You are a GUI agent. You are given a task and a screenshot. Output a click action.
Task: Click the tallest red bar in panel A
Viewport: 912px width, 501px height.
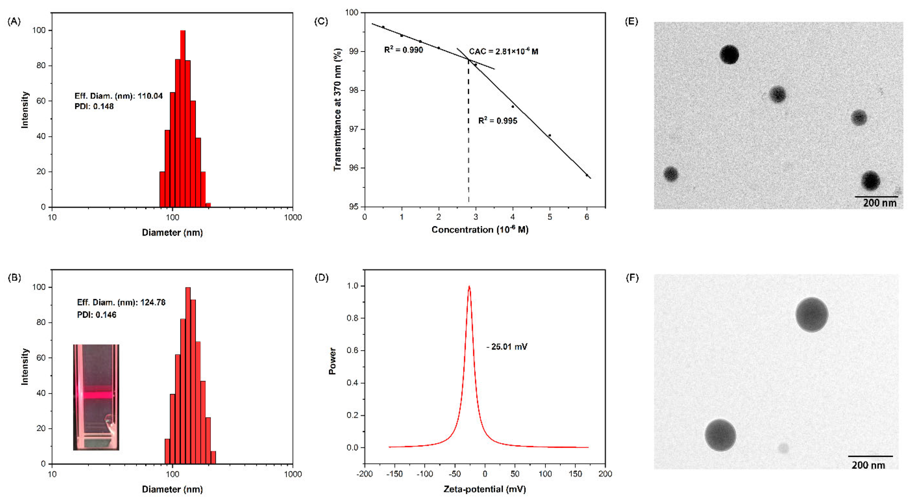183,119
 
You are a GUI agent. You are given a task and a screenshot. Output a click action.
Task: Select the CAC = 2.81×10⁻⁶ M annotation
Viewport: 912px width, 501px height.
503,51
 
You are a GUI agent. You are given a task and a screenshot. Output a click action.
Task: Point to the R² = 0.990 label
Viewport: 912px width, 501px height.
403,50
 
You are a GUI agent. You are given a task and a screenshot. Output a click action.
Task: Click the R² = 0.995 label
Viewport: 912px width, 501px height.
497,121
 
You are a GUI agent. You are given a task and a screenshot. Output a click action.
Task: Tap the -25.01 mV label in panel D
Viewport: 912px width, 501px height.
507,347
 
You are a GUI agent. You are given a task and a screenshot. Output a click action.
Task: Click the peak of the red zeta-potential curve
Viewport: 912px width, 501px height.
469,287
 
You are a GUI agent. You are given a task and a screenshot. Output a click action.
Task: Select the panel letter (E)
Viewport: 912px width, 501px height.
631,22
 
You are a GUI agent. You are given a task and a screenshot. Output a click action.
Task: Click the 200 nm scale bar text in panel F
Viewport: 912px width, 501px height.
868,465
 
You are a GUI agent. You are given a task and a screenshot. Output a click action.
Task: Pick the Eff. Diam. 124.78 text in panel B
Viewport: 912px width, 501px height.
121,302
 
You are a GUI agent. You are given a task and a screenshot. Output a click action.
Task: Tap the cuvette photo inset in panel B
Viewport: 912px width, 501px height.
96,397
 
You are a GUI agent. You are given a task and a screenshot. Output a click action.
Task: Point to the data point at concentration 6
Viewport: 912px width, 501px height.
587,175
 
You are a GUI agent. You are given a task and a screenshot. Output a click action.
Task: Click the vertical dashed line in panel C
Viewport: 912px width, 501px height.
468,142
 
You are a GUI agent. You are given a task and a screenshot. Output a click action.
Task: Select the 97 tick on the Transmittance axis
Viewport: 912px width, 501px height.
353,129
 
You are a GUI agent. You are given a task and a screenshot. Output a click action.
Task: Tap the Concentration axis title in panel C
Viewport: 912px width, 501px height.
480,230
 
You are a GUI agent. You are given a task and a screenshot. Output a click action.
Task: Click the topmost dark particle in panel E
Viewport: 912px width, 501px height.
729,55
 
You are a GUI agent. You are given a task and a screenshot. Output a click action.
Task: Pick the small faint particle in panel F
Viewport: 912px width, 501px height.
783,448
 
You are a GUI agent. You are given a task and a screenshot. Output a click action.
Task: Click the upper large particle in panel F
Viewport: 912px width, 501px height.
811,315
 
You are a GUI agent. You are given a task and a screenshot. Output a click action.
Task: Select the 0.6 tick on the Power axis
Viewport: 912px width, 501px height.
352,350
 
